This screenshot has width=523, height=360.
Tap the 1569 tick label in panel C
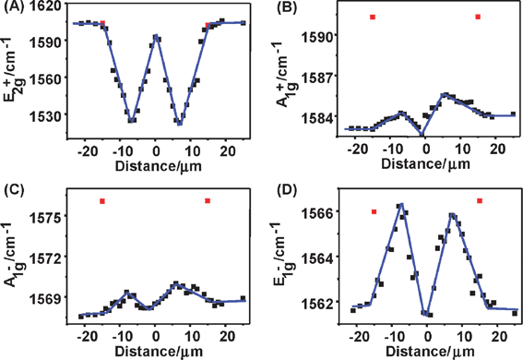click(49, 297)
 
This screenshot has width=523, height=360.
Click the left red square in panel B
click(372, 17)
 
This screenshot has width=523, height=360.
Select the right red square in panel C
click(208, 200)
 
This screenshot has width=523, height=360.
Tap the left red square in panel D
click(374, 211)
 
